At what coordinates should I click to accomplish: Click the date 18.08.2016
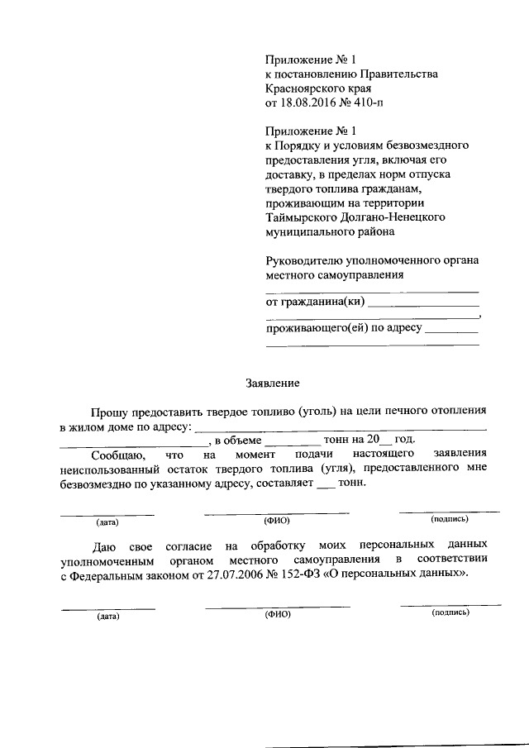[x=310, y=103]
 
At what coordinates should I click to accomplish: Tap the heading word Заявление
[x=273, y=383]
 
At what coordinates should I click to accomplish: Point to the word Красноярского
[x=302, y=88]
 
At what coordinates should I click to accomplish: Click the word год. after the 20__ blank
[x=403, y=440]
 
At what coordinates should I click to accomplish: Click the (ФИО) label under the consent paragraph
[x=277, y=616]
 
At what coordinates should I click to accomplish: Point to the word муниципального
[x=307, y=232]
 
